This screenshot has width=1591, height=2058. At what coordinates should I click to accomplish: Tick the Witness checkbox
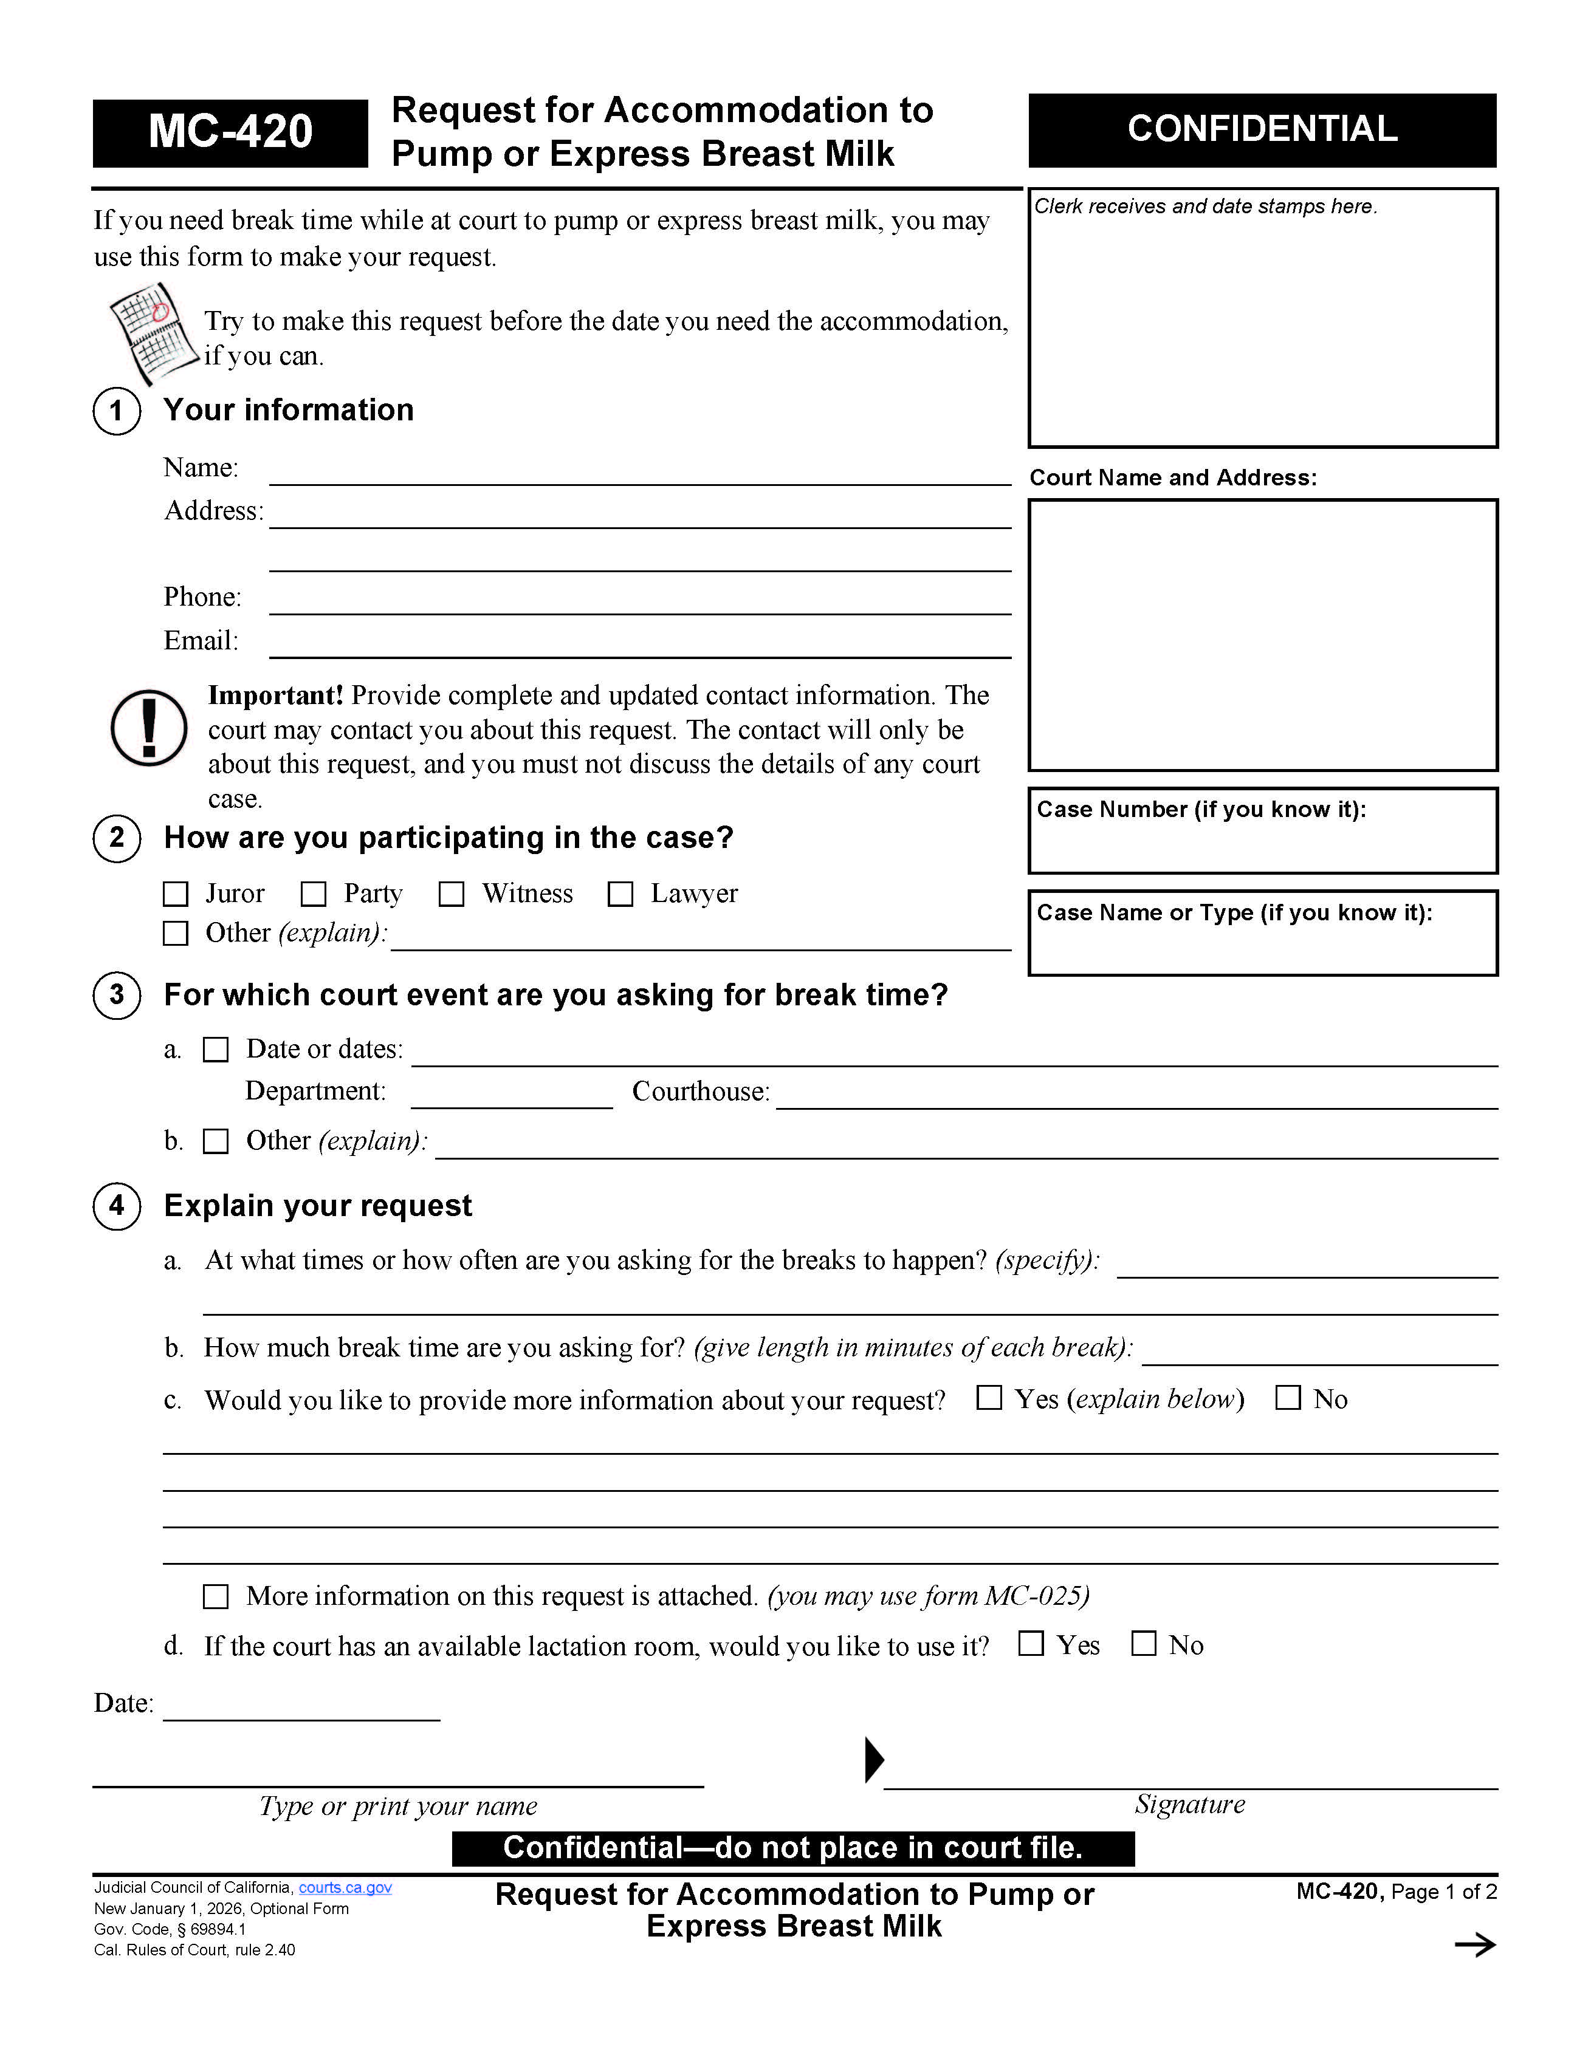click(452, 894)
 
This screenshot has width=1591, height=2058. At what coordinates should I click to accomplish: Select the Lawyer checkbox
click(620, 894)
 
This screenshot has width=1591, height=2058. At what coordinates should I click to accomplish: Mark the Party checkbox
click(314, 894)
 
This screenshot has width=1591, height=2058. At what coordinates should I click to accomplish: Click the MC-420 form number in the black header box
click(230, 132)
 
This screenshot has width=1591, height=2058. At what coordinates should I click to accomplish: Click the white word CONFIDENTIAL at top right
click(1262, 129)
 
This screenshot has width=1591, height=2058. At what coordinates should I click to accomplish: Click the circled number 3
click(117, 995)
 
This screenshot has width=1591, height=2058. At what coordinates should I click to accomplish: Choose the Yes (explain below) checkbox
click(989, 1398)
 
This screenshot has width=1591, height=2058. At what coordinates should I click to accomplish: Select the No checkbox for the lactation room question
click(1143, 1643)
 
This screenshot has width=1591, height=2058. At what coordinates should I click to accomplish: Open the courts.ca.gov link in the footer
click(345, 1887)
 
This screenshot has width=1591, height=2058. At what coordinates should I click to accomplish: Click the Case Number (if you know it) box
click(1262, 831)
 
